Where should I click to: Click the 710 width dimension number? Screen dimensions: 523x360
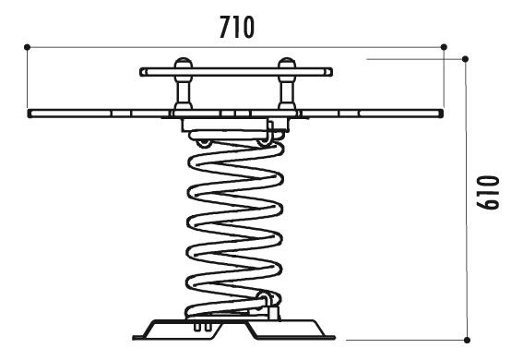click(237, 28)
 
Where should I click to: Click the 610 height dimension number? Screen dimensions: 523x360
click(488, 193)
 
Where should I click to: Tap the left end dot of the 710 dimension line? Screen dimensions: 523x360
click(27, 47)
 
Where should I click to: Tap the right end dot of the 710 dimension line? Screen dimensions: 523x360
click(444, 47)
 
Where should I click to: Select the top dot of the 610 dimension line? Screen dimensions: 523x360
click(465, 59)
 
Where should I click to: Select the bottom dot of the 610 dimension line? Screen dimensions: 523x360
click(467, 340)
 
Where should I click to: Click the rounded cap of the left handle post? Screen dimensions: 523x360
click(184, 63)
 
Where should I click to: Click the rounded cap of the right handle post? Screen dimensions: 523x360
click(287, 63)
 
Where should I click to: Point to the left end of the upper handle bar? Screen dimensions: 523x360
click(142, 72)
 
